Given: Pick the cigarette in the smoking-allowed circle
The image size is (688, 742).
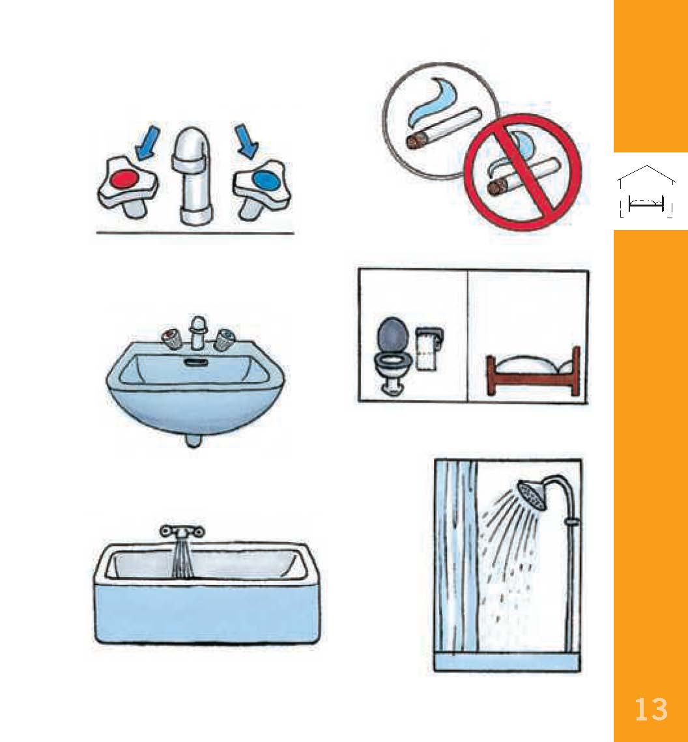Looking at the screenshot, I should click(443, 130).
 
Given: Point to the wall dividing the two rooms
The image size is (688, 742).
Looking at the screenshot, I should click(468, 336).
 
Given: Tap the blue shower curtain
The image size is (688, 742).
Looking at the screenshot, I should click(458, 554).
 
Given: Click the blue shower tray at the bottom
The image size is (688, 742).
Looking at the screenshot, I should click(506, 663).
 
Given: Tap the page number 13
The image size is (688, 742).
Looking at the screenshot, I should click(651, 709).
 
